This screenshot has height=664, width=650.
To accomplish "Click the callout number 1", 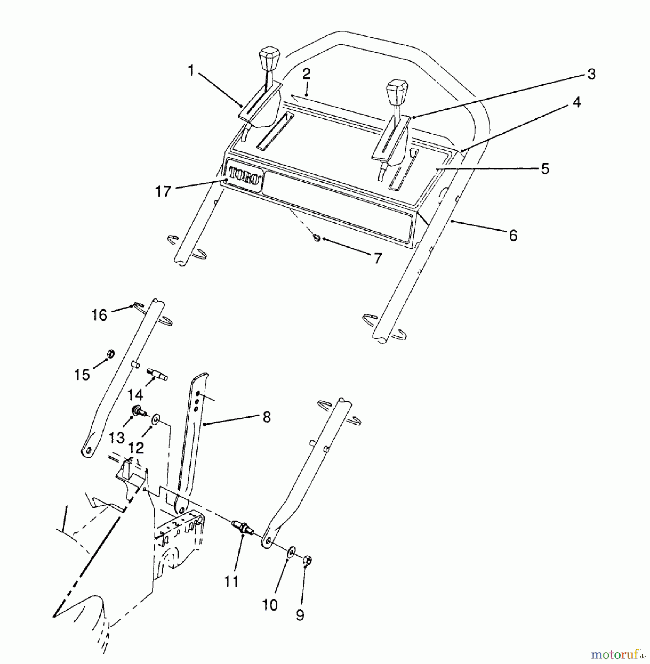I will coord(191,70).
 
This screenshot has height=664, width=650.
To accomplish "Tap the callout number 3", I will coord(591,74).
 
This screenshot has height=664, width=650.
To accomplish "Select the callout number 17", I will coord(163,191).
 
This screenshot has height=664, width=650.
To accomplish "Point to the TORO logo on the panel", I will coord(244,176).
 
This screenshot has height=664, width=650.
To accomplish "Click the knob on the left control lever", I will coord(269,58).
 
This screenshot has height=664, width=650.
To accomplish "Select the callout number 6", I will coord(513,235).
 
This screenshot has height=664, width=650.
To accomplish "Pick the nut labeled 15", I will coord(110,354).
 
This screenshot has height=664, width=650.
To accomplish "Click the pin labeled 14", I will coord(157,374).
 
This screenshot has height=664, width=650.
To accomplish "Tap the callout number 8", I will coord(266,417).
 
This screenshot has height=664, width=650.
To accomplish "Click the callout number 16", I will coord(99,315).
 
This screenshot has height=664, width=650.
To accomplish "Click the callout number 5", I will coord(545,169).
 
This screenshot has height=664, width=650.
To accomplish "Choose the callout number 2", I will coord(306,74).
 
